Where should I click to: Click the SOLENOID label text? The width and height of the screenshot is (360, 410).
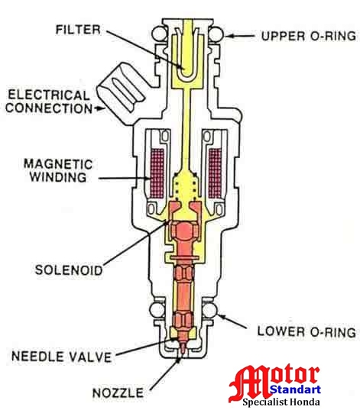point(68,270)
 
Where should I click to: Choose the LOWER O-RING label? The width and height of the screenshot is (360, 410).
point(306,332)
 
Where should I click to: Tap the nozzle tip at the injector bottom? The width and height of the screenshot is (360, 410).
point(184,351)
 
